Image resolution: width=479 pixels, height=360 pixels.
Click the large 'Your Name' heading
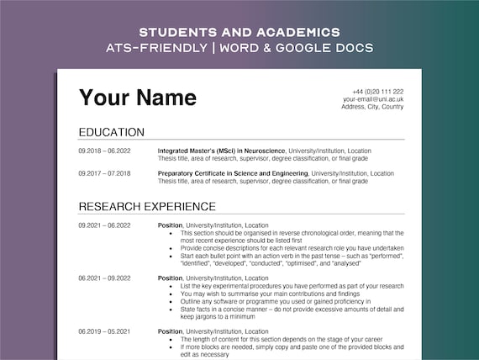(138, 98)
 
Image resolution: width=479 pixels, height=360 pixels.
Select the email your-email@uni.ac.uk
(373, 99)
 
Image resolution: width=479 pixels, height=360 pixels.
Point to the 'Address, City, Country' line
(372, 107)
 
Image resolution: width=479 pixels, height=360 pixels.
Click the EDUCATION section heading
(112, 132)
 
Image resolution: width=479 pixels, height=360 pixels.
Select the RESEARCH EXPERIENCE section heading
(147, 206)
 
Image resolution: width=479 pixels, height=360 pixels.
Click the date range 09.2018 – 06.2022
(104, 151)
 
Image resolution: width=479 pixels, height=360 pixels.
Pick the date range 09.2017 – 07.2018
(104, 173)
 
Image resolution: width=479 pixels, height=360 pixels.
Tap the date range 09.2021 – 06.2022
(104, 225)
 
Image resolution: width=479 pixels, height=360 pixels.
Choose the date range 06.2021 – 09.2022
(104, 278)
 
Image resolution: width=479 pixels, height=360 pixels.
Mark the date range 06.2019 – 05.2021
(104, 331)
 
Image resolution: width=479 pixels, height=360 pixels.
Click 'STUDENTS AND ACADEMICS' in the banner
(239, 31)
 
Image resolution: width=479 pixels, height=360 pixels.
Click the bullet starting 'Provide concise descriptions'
(292, 248)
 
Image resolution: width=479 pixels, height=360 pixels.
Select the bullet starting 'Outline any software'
(276, 301)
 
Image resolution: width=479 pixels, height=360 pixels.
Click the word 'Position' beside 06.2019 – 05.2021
(169, 331)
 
